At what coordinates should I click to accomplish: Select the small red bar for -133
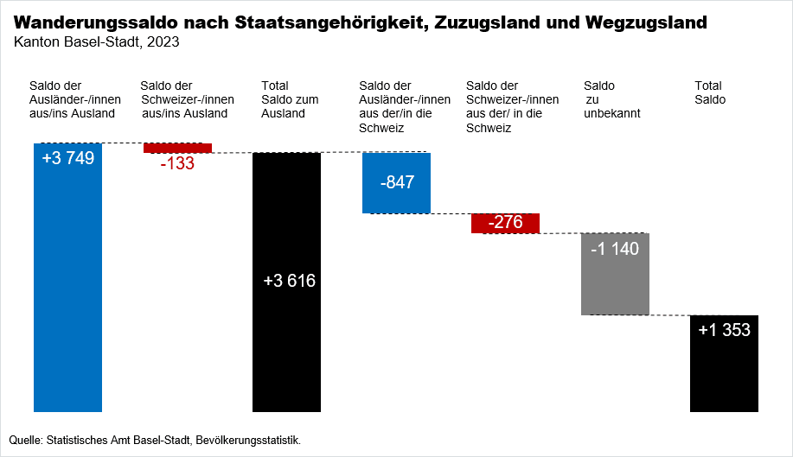click(x=177, y=148)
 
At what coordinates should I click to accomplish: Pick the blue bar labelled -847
click(x=396, y=198)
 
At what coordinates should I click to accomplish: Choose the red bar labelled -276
click(x=505, y=223)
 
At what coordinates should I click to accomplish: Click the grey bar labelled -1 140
click(x=615, y=285)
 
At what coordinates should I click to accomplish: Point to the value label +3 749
click(x=67, y=158)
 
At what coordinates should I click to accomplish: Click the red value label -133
click(x=177, y=163)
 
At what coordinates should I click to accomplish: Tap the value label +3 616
click(x=289, y=281)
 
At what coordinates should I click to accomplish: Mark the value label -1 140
click(x=615, y=249)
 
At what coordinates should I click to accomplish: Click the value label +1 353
click(x=724, y=330)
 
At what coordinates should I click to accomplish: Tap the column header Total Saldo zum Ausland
click(x=290, y=99)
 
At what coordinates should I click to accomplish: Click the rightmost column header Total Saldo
click(x=710, y=92)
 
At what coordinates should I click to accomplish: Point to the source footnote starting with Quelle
click(x=155, y=441)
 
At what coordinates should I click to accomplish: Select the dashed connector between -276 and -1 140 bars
click(x=560, y=232)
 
